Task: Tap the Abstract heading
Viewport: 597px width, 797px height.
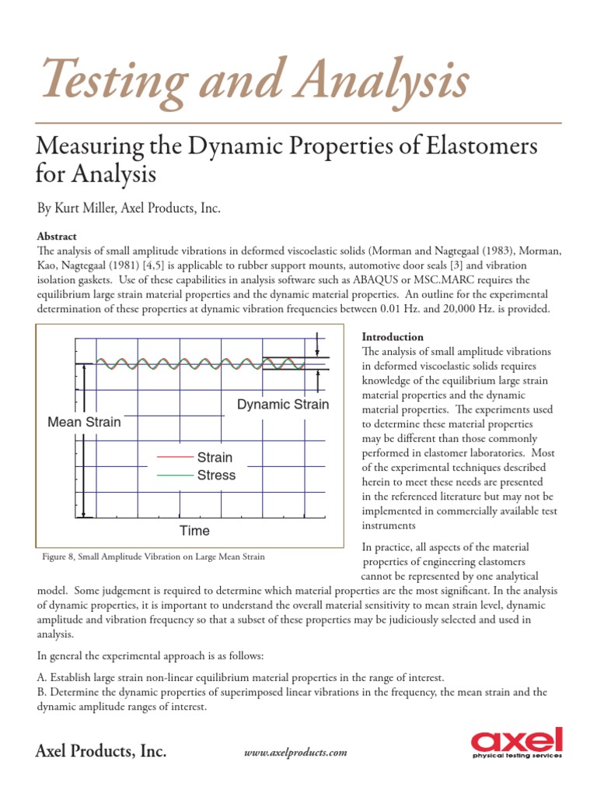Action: click(x=58, y=236)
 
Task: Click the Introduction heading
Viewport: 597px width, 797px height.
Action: click(x=393, y=337)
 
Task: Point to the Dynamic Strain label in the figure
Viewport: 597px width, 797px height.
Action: click(x=282, y=405)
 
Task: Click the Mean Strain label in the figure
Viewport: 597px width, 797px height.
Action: click(x=84, y=423)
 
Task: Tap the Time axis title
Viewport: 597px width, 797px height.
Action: click(x=194, y=531)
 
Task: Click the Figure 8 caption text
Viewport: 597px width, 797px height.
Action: click(x=153, y=556)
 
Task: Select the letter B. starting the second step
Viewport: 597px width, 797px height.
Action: click(x=42, y=692)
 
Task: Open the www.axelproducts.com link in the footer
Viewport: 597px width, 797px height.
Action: click(x=296, y=753)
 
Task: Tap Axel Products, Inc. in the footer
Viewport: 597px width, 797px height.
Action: click(x=100, y=751)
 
